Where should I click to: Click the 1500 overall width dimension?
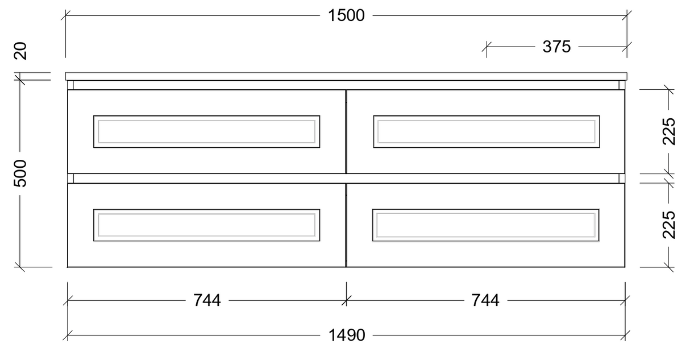tap(346, 15)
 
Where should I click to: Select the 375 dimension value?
tap(556, 47)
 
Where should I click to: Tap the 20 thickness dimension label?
tap(20, 51)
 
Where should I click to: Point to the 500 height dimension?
tap(20, 173)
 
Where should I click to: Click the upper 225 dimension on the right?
tap(669, 131)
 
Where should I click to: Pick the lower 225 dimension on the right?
tap(669, 225)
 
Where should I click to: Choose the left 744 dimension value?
tap(207, 300)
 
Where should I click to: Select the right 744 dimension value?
tap(485, 300)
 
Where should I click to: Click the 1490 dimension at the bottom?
tap(347, 335)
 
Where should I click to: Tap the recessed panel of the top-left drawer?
tap(207, 131)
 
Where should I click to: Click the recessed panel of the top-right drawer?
tap(487, 131)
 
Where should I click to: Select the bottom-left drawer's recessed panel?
tap(207, 225)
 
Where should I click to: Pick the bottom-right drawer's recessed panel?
tap(486, 225)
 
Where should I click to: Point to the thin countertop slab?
tap(346, 76)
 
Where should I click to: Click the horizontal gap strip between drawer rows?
tap(346, 179)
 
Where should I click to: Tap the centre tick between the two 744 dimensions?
tap(346, 300)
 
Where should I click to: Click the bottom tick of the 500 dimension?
tap(20, 267)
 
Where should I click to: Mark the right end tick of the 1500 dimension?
tap(627, 15)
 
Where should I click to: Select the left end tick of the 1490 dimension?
tap(68, 336)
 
